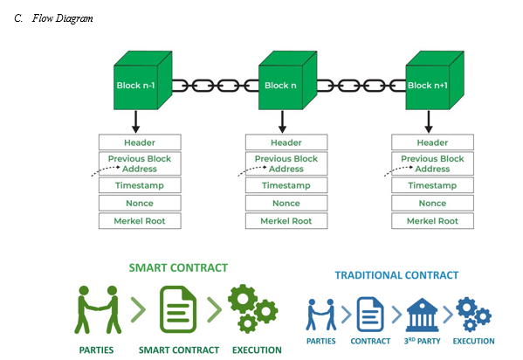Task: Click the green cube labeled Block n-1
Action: pyautogui.click(x=143, y=80)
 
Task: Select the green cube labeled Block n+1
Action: pyautogui.click(x=435, y=80)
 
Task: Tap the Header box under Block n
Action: pyautogui.click(x=286, y=142)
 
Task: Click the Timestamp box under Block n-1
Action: pyautogui.click(x=140, y=185)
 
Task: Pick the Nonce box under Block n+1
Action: pyautogui.click(x=432, y=203)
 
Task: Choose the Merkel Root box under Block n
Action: pyautogui.click(x=286, y=221)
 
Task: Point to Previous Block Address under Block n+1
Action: pyautogui.click(x=432, y=163)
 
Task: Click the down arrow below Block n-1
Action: pyautogui.click(x=135, y=121)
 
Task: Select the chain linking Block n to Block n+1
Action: pyautogui.click(x=361, y=86)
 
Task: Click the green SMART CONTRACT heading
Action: pyautogui.click(x=178, y=268)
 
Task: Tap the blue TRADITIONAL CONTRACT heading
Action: pyautogui.click(x=396, y=275)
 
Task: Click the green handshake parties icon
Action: pyautogui.click(x=98, y=309)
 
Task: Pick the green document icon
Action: pyautogui.click(x=178, y=309)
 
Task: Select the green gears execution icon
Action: pyautogui.click(x=253, y=308)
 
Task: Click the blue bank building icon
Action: pyautogui.click(x=422, y=315)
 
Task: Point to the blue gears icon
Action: pyautogui.click(x=473, y=315)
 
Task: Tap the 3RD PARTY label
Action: pyautogui.click(x=422, y=341)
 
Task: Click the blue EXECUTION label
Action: pyautogui.click(x=473, y=341)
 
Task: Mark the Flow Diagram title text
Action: pyautogui.click(x=62, y=18)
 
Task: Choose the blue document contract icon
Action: pyautogui.click(x=370, y=315)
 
